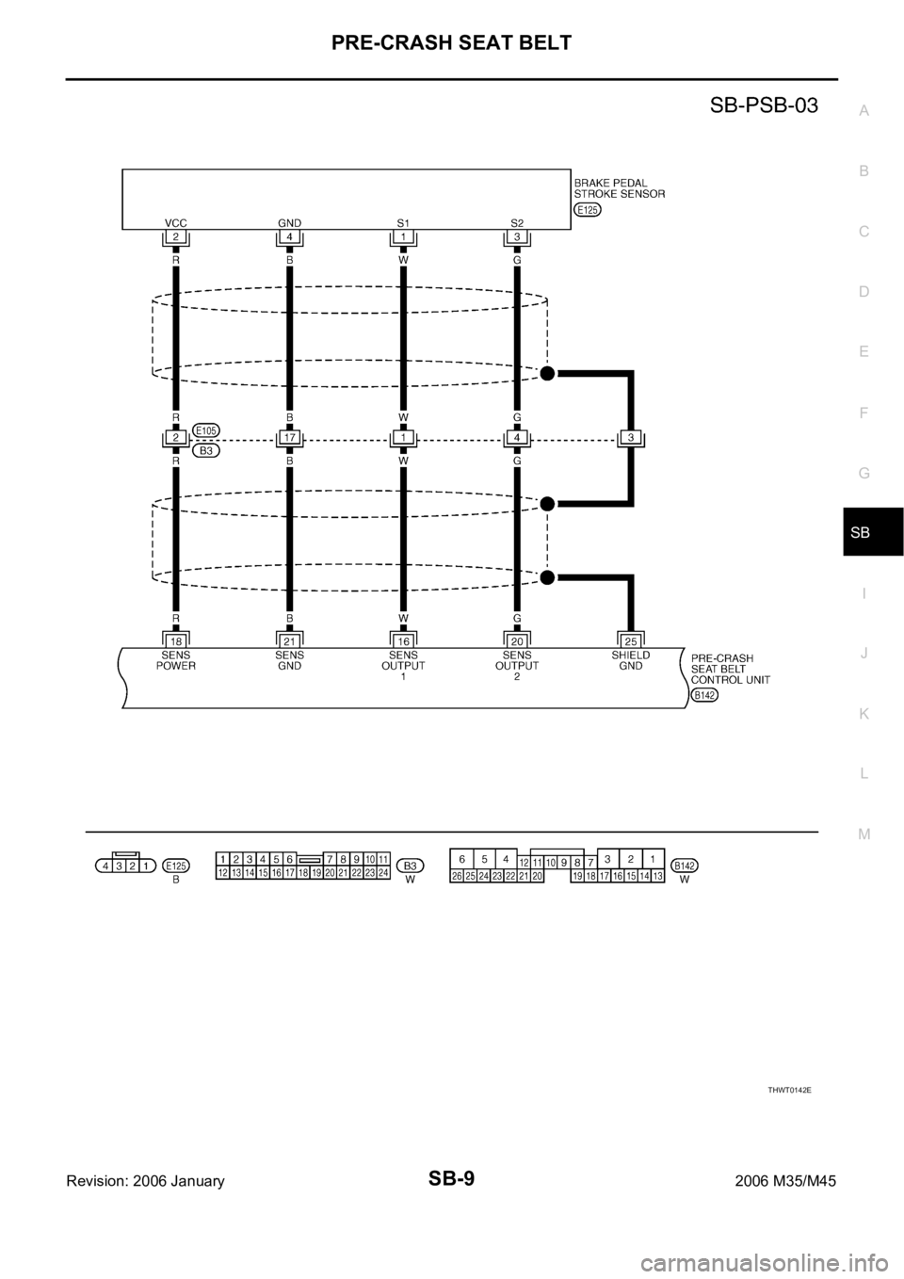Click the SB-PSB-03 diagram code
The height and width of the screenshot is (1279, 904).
(764, 105)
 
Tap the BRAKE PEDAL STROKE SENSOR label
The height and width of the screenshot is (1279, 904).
(620, 188)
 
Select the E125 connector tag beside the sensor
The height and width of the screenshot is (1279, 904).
(588, 210)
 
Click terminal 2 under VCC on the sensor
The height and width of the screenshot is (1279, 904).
(176, 236)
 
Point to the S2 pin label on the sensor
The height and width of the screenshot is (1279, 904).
(517, 222)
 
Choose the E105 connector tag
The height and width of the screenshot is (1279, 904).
(206, 430)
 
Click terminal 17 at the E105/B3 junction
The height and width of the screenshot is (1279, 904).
(289, 438)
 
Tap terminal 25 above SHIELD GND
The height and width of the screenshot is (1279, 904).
(631, 641)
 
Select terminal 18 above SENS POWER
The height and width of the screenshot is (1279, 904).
(176, 641)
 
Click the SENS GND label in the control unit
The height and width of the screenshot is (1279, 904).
(289, 660)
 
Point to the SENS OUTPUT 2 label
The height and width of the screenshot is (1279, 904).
(517, 666)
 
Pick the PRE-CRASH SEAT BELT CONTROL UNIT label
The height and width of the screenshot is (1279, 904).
(731, 670)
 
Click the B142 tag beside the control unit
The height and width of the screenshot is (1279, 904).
(704, 695)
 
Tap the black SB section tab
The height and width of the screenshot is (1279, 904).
(873, 531)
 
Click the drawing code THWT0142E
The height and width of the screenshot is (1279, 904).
(790, 1090)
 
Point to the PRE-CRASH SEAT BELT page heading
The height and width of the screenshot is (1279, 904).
(451, 42)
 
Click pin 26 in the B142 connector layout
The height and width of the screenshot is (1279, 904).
(457, 876)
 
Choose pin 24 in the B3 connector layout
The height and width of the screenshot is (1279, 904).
(383, 872)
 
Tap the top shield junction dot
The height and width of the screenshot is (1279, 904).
(547, 373)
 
